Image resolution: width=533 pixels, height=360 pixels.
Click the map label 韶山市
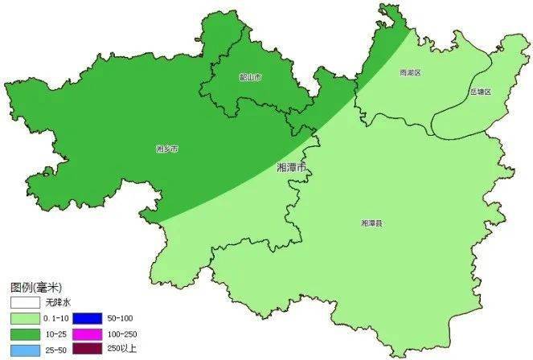click(251, 77)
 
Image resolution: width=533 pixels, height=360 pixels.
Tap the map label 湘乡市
click(166, 149)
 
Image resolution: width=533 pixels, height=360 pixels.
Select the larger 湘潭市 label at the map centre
click(291, 168)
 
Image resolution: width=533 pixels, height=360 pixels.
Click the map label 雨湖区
click(410, 72)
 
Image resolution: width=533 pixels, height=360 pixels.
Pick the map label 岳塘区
click(480, 92)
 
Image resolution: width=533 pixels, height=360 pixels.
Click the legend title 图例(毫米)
click(35, 287)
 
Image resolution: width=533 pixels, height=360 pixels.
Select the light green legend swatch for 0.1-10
click(27, 319)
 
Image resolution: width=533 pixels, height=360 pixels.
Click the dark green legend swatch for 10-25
click(27, 334)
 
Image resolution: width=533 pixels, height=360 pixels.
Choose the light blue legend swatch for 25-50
click(27, 350)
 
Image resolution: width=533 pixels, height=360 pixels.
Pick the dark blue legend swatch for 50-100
click(88, 319)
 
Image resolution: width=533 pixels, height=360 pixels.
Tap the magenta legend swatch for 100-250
click(88, 334)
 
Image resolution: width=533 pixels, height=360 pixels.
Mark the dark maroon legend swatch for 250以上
click(88, 350)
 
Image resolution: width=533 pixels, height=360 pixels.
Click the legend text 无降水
click(59, 301)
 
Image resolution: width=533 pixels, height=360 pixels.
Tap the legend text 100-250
click(121, 334)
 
